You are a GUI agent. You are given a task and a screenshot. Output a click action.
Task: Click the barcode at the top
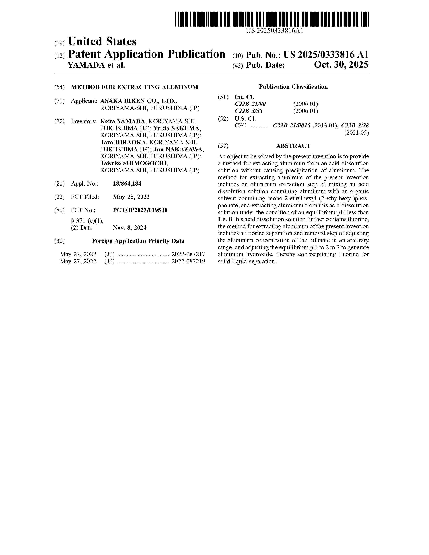coord(272,19)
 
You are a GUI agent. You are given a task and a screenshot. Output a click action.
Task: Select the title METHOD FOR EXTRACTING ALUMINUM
coord(134,87)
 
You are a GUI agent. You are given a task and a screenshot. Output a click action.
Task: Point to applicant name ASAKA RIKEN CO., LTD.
coord(138,101)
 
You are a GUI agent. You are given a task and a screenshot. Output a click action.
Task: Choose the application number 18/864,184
coord(127,183)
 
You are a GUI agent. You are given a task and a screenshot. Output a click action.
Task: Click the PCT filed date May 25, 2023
coord(131,197)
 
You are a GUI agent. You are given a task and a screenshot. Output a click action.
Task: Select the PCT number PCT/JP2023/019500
coord(140,210)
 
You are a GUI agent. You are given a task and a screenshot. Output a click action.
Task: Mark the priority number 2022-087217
coord(188,254)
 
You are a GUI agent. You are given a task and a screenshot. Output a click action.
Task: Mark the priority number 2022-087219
coord(188,261)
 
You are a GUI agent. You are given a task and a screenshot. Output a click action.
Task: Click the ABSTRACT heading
coord(293,146)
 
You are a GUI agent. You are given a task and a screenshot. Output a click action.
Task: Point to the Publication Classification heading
coord(293,87)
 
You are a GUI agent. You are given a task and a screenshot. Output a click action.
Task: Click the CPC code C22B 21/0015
coord(291,125)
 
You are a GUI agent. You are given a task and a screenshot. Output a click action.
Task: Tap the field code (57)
coord(223,146)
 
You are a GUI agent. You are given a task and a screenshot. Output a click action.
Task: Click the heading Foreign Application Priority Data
coord(138,241)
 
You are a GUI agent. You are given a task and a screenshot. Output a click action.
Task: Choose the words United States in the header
coord(102,41)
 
